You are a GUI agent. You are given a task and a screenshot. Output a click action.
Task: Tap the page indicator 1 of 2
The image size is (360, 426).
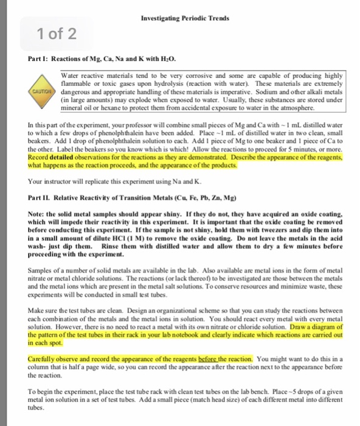pyautogui.click(x=55, y=33)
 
